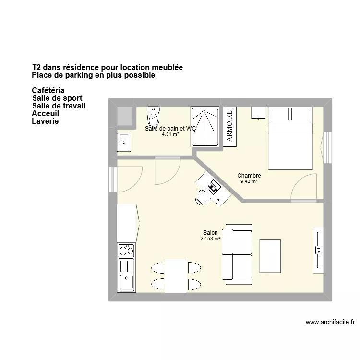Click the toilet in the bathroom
click(x=154, y=116)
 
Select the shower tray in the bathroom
click(x=205, y=127)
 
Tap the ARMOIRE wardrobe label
click(x=229, y=127)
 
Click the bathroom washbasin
click(x=124, y=142)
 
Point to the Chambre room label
click(x=249, y=176)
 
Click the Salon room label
click(x=210, y=233)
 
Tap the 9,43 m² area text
click(x=249, y=181)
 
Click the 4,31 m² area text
click(x=170, y=134)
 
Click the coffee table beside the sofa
click(x=270, y=255)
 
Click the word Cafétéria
click(x=48, y=90)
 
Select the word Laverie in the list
click(x=45, y=121)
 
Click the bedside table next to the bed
click(x=259, y=112)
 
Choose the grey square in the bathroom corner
click(x=125, y=116)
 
